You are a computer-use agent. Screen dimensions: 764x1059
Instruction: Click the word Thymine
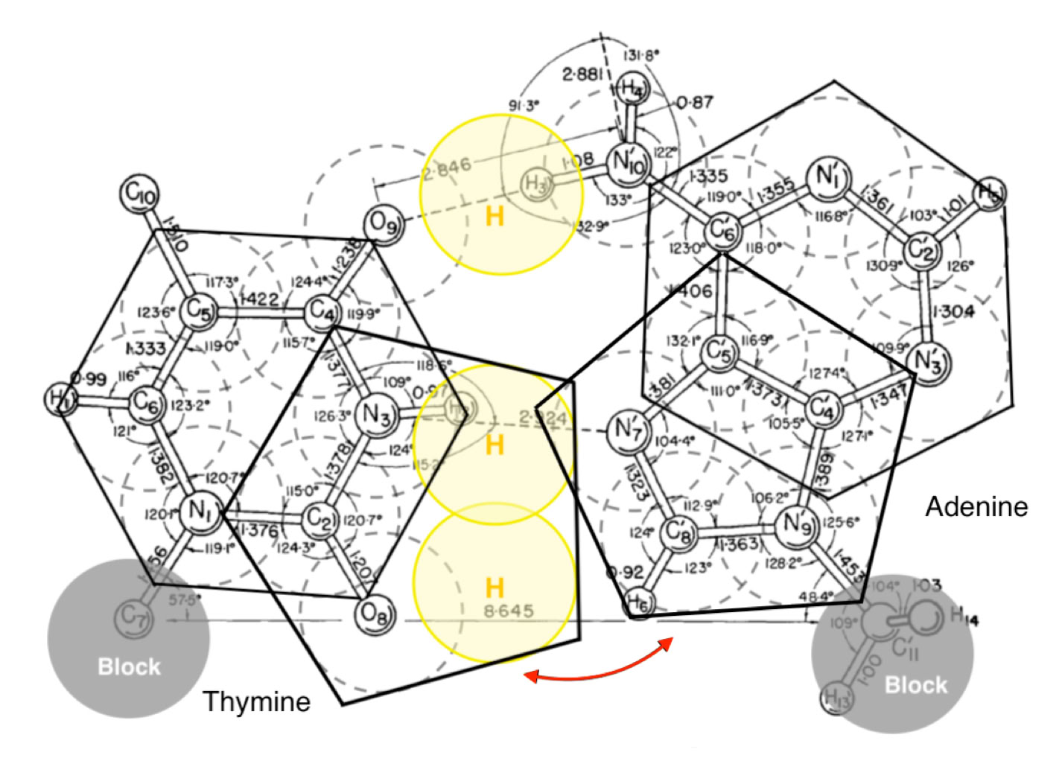256,701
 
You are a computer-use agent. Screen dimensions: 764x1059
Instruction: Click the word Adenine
976,507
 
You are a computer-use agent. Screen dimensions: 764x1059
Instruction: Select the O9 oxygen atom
384,224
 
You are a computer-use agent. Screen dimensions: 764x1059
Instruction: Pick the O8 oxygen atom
375,614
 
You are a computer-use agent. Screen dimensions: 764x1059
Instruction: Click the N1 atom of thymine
200,510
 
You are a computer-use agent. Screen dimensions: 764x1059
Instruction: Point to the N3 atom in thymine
376,414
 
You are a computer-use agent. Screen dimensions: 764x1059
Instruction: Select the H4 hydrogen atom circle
631,89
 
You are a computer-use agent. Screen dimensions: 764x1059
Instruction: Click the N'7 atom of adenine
631,430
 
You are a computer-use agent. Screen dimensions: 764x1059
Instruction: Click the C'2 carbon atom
922,249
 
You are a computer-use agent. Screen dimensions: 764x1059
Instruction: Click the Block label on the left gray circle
129,666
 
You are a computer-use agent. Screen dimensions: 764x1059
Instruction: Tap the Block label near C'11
915,685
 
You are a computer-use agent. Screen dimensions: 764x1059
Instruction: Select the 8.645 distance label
509,611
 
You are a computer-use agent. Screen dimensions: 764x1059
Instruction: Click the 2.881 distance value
582,74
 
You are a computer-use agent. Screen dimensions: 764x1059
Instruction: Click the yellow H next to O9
494,216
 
